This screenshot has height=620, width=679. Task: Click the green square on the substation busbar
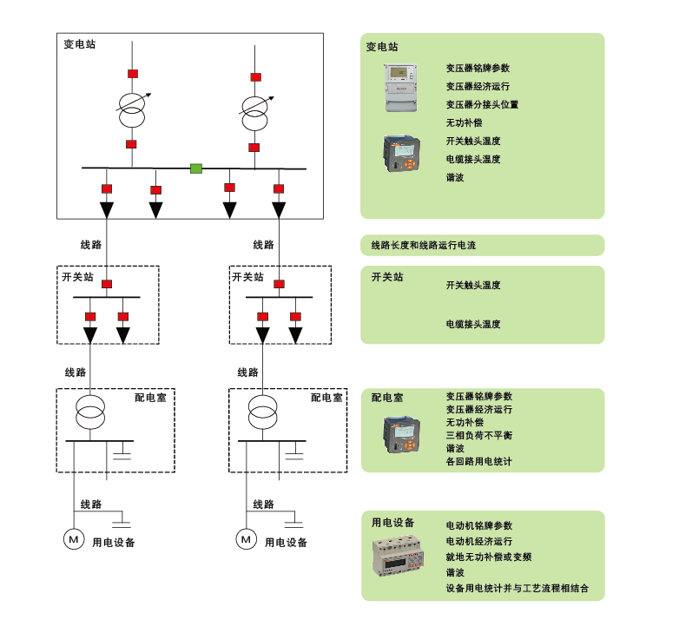pyautogui.click(x=196, y=168)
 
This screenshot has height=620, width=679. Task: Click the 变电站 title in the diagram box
pyautogui.click(x=80, y=43)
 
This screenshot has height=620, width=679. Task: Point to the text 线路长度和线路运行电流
pyautogui.click(x=423, y=246)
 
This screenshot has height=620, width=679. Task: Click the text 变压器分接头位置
pyautogui.click(x=482, y=104)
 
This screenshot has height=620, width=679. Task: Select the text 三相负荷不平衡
pyautogui.click(x=478, y=434)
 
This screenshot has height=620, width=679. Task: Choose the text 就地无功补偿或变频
pyautogui.click(x=488, y=557)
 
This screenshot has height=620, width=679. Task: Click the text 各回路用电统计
pyautogui.click(x=478, y=462)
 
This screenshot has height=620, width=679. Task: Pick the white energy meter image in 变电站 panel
pyautogui.click(x=402, y=88)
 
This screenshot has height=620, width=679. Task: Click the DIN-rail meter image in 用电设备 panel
pyautogui.click(x=401, y=564)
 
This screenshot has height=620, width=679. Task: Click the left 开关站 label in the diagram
pyautogui.click(x=76, y=277)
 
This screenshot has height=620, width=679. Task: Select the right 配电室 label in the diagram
pyautogui.click(x=326, y=398)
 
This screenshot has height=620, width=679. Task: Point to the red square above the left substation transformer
pyautogui.click(x=132, y=73)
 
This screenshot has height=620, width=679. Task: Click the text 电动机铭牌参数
pyautogui.click(x=478, y=526)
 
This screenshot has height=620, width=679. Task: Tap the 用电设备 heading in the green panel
pyautogui.click(x=392, y=523)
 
